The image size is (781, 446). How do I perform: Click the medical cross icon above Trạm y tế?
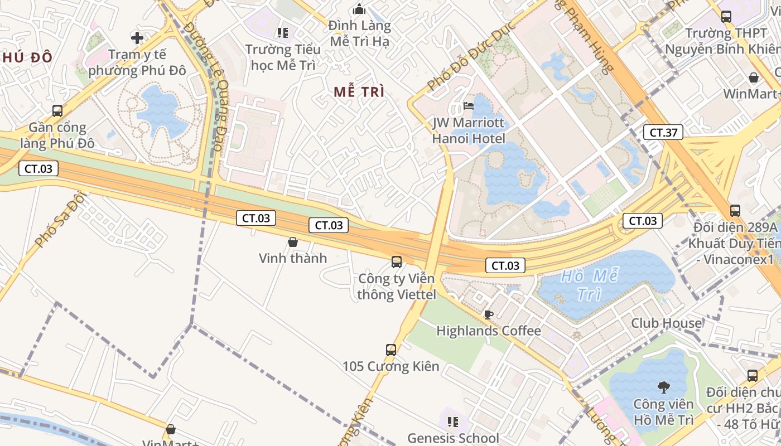(137, 38)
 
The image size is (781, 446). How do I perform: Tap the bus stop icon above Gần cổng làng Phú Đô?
(57, 110)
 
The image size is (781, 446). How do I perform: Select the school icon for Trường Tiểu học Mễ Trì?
(283, 33)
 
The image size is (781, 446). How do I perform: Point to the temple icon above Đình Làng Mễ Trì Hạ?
(359, 9)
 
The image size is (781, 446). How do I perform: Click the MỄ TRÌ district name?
(359, 92)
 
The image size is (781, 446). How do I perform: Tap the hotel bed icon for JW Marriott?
(469, 106)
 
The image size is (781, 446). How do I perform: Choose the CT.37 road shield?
(663, 132)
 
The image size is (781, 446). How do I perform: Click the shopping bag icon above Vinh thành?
(292, 242)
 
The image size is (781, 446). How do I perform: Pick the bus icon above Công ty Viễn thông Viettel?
(396, 261)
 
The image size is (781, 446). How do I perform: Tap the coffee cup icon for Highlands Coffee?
(489, 314)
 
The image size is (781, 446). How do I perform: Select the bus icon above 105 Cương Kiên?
(390, 350)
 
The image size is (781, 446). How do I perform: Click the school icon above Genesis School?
(453, 421)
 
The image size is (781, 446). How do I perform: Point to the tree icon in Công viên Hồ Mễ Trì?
(663, 387)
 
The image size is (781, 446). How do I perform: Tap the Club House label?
(666, 323)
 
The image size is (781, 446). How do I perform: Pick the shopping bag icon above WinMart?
(753, 77)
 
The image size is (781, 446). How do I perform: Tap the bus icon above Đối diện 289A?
(735, 211)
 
